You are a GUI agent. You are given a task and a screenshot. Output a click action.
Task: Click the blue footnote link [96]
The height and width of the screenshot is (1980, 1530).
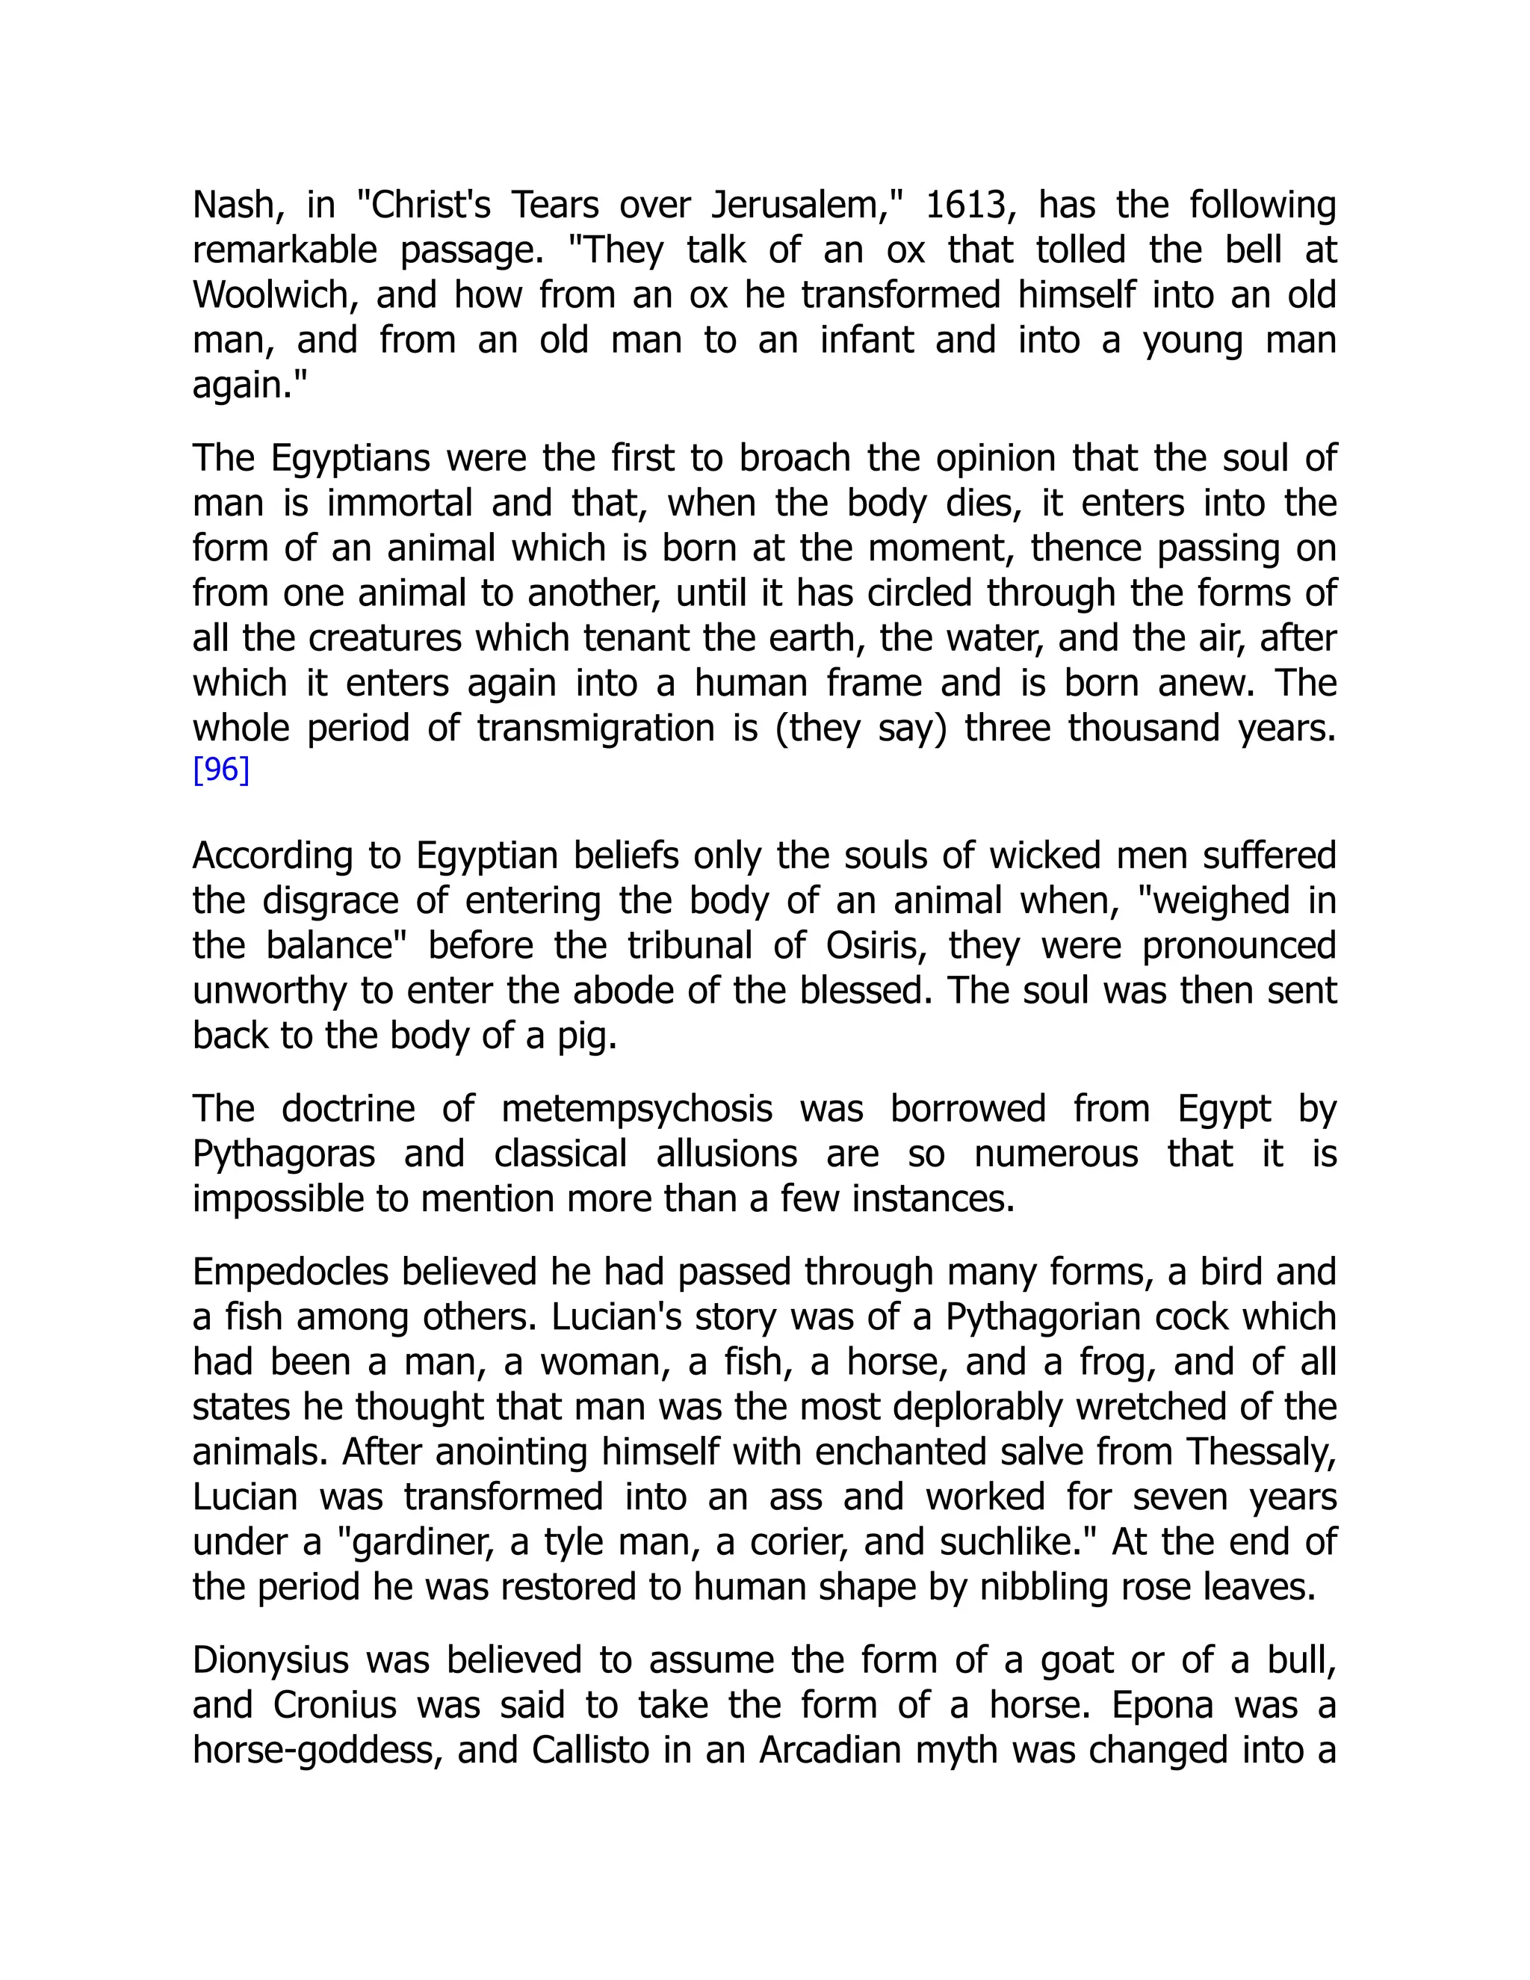(220, 770)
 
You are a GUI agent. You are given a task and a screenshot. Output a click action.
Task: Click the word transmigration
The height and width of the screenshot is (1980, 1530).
(595, 728)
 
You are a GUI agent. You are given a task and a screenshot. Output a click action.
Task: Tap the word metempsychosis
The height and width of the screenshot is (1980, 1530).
(637, 1109)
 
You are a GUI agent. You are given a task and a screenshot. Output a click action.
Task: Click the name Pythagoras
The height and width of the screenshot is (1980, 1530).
(284, 1154)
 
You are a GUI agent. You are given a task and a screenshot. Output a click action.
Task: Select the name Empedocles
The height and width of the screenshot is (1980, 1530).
(289, 1272)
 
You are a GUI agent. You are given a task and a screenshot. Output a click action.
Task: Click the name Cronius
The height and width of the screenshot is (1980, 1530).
(335, 1705)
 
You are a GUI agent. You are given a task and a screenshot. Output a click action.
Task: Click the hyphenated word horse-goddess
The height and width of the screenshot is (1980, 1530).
(318, 1750)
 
